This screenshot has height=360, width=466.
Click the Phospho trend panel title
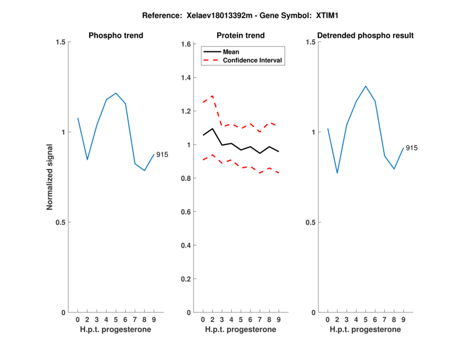[115, 36]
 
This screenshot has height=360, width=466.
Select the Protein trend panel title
[241, 36]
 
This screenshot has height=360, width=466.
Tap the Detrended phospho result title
[365, 36]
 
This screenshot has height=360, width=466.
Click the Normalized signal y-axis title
[51, 177]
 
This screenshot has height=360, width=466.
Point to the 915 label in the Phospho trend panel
[162, 154]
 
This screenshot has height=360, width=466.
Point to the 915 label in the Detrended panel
[411, 148]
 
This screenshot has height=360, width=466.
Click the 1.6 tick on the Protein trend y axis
[186, 44]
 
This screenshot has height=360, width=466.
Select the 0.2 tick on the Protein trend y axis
[186, 279]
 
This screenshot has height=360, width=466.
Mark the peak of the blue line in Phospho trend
[115, 93]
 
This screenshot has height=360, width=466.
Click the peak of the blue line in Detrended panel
[365, 86]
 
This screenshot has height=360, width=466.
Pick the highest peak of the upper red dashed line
[212, 96]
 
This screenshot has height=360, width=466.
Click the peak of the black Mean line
[212, 128]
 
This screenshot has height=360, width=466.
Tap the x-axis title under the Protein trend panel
[241, 329]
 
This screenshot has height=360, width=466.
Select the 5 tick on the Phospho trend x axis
[115, 319]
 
